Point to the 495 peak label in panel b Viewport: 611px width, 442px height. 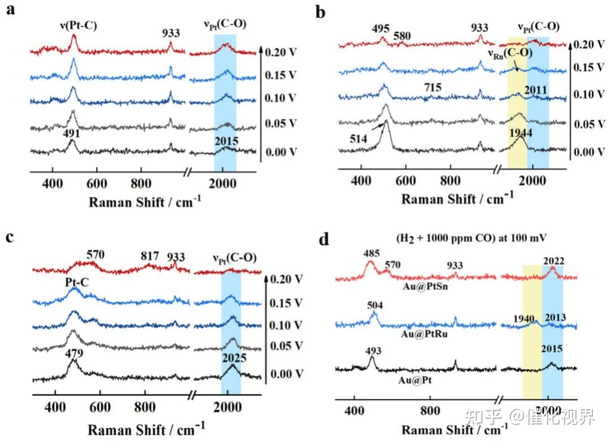383,29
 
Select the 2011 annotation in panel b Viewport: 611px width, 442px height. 536,90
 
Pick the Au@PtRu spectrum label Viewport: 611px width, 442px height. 419,335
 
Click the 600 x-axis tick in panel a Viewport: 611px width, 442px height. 97,184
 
